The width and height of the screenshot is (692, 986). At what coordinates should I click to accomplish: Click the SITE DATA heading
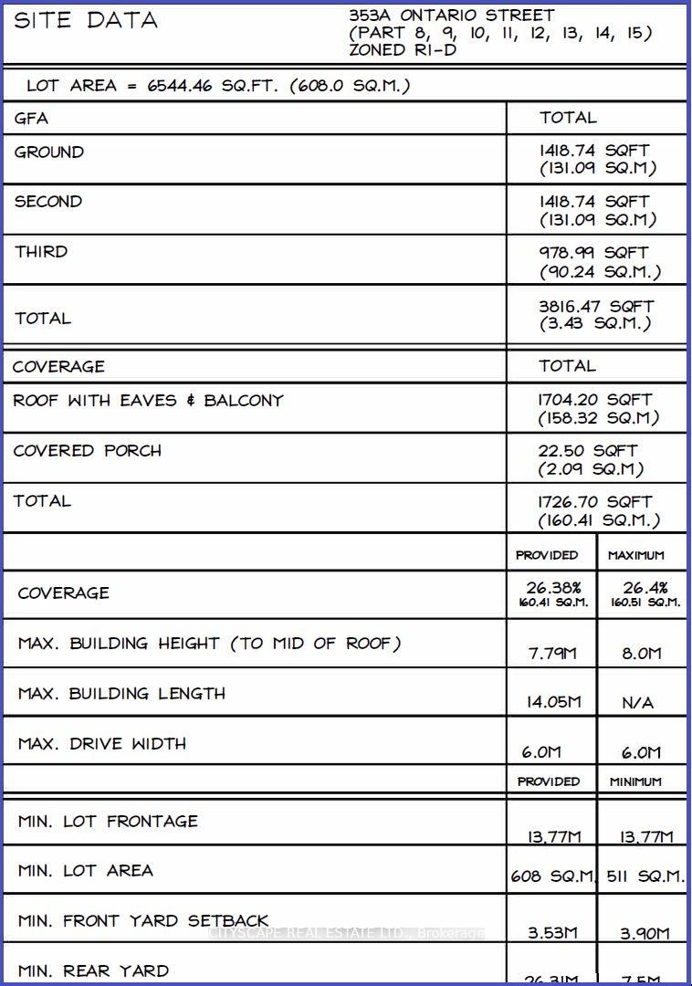[86, 20]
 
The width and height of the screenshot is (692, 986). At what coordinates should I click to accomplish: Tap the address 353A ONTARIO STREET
[451, 16]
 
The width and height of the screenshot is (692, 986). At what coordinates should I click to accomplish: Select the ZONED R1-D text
[403, 50]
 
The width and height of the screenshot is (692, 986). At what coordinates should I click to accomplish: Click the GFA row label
[31, 119]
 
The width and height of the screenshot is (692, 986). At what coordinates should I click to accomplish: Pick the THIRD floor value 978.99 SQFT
[593, 253]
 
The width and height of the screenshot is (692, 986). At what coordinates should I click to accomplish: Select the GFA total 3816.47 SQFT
[595, 307]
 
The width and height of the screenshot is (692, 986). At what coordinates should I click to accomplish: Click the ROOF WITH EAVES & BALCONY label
[148, 401]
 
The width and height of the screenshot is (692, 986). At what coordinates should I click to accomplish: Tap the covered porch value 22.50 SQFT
[588, 451]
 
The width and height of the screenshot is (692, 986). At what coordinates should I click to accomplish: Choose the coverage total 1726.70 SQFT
[595, 502]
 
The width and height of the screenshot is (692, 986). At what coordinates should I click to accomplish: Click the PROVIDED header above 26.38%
[547, 555]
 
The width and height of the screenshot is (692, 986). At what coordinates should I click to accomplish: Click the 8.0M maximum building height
[642, 654]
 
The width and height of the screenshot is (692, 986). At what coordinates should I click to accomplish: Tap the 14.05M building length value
[553, 703]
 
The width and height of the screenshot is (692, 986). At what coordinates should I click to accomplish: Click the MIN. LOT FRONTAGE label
[108, 822]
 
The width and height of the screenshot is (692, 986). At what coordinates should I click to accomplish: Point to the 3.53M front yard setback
[553, 933]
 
